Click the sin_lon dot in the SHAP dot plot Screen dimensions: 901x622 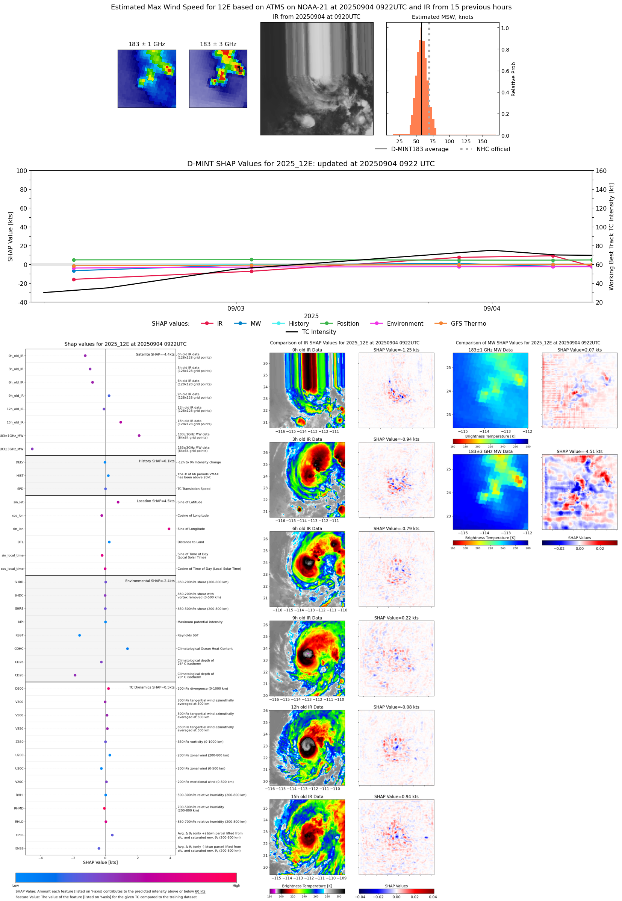coord(169,529)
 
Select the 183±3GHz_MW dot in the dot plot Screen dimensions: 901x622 coord(32,449)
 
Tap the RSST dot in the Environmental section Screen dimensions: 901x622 coord(80,635)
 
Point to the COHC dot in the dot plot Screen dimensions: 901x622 coord(127,648)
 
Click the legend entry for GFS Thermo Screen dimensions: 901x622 coord(468,324)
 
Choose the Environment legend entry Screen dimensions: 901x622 coord(404,324)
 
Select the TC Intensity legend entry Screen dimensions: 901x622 coord(318,332)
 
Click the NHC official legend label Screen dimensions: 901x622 coord(493,149)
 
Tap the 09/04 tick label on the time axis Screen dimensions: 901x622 coord(492,308)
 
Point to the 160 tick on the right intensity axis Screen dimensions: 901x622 coord(601,171)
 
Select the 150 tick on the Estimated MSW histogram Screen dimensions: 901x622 coord(483,141)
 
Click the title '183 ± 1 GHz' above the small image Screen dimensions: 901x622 coord(147,44)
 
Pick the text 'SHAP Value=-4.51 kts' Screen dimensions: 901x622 coord(579,452)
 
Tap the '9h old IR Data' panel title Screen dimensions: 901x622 coord(307,618)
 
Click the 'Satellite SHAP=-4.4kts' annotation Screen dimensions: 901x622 coord(155,354)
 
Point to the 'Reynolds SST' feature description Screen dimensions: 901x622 coord(188,635)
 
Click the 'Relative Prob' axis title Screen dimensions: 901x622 coord(513,79)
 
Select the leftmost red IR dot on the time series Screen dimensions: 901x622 coord(74,279)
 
